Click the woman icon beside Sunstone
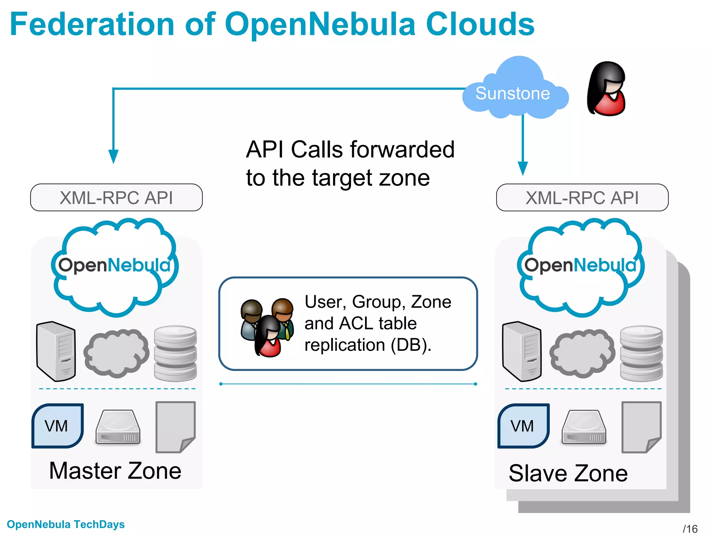[606, 89]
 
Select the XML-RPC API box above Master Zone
[116, 197]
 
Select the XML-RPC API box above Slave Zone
[582, 197]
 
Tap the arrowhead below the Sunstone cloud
[523, 168]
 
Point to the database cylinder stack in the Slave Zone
[641, 353]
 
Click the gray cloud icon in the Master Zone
[116, 353]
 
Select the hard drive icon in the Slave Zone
[584, 428]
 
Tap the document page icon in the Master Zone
[175, 427]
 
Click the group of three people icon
[267, 327]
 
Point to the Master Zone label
[115, 471]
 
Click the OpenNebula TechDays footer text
[66, 524]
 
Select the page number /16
[690, 528]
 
